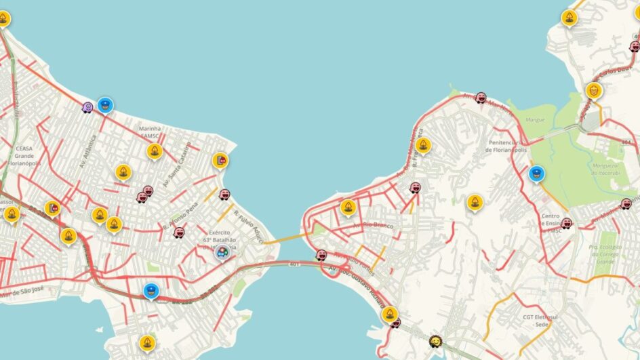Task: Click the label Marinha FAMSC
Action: (149, 132)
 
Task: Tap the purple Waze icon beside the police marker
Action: (87, 107)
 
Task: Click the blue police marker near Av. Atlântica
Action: (104, 104)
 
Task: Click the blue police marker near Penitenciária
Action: (536, 173)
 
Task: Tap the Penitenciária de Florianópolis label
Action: (507, 146)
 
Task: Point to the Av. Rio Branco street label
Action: (378, 224)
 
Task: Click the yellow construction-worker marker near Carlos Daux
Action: (594, 89)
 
